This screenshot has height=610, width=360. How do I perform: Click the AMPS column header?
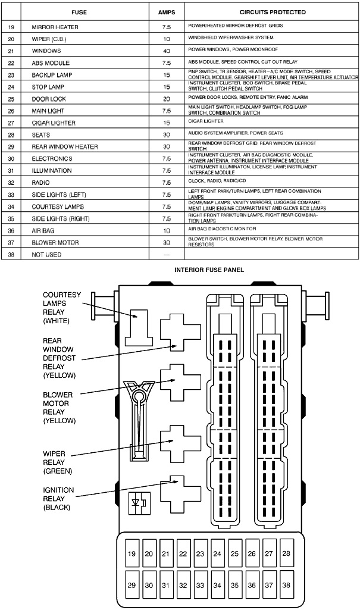click(x=166, y=12)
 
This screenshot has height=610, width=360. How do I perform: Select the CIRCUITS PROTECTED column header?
click(x=273, y=12)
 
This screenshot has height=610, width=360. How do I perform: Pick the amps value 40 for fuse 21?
click(x=166, y=51)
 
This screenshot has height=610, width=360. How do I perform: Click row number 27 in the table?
click(x=11, y=123)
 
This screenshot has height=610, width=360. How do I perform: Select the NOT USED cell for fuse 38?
click(x=46, y=255)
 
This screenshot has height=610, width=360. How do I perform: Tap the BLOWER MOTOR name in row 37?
click(x=52, y=242)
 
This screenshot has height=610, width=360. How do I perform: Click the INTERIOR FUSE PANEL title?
click(x=209, y=270)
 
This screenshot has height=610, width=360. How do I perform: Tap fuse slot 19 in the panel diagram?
click(x=132, y=554)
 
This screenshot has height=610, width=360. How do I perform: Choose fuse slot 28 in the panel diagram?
click(x=286, y=554)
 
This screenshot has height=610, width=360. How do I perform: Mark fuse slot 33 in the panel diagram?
click(x=200, y=585)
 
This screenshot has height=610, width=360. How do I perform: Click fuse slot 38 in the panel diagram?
click(x=286, y=585)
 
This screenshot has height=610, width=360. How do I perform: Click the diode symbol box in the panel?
click(x=139, y=503)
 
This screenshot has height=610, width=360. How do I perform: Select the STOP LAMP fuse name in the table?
click(x=48, y=87)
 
